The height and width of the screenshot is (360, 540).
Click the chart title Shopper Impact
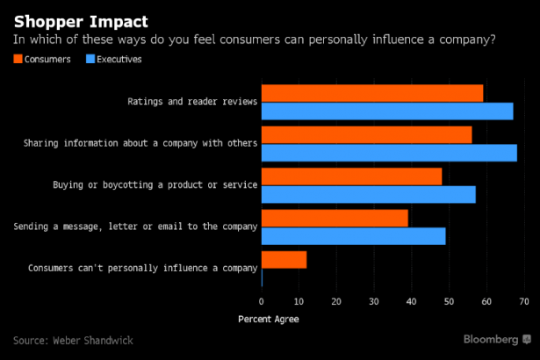[x=80, y=20]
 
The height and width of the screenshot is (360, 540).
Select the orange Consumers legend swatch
[x=19, y=59]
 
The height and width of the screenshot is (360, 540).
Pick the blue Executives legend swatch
[x=91, y=59]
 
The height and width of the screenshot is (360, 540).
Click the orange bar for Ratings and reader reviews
[x=372, y=93]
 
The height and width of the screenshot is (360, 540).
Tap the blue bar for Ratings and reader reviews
[x=387, y=111]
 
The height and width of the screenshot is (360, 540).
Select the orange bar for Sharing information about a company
[x=366, y=134]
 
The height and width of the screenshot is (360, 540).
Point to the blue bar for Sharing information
[x=389, y=152]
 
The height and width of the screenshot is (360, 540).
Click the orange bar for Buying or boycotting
[x=351, y=176]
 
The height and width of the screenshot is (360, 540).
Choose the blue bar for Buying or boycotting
[x=368, y=194]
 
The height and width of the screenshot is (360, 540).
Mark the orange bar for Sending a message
[x=335, y=218]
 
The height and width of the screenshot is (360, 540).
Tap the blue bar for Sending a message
[x=353, y=235]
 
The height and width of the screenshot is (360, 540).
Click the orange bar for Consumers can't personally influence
[x=284, y=260]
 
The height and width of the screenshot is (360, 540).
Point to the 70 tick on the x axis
[x=523, y=301]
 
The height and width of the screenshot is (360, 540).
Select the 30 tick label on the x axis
[x=373, y=301]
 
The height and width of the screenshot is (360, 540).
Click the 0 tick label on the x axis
[x=262, y=301]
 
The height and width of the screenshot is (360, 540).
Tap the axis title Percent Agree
[x=268, y=319]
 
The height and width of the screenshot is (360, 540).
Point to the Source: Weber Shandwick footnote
[x=73, y=340]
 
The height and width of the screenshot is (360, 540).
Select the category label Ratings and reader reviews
[x=191, y=102]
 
